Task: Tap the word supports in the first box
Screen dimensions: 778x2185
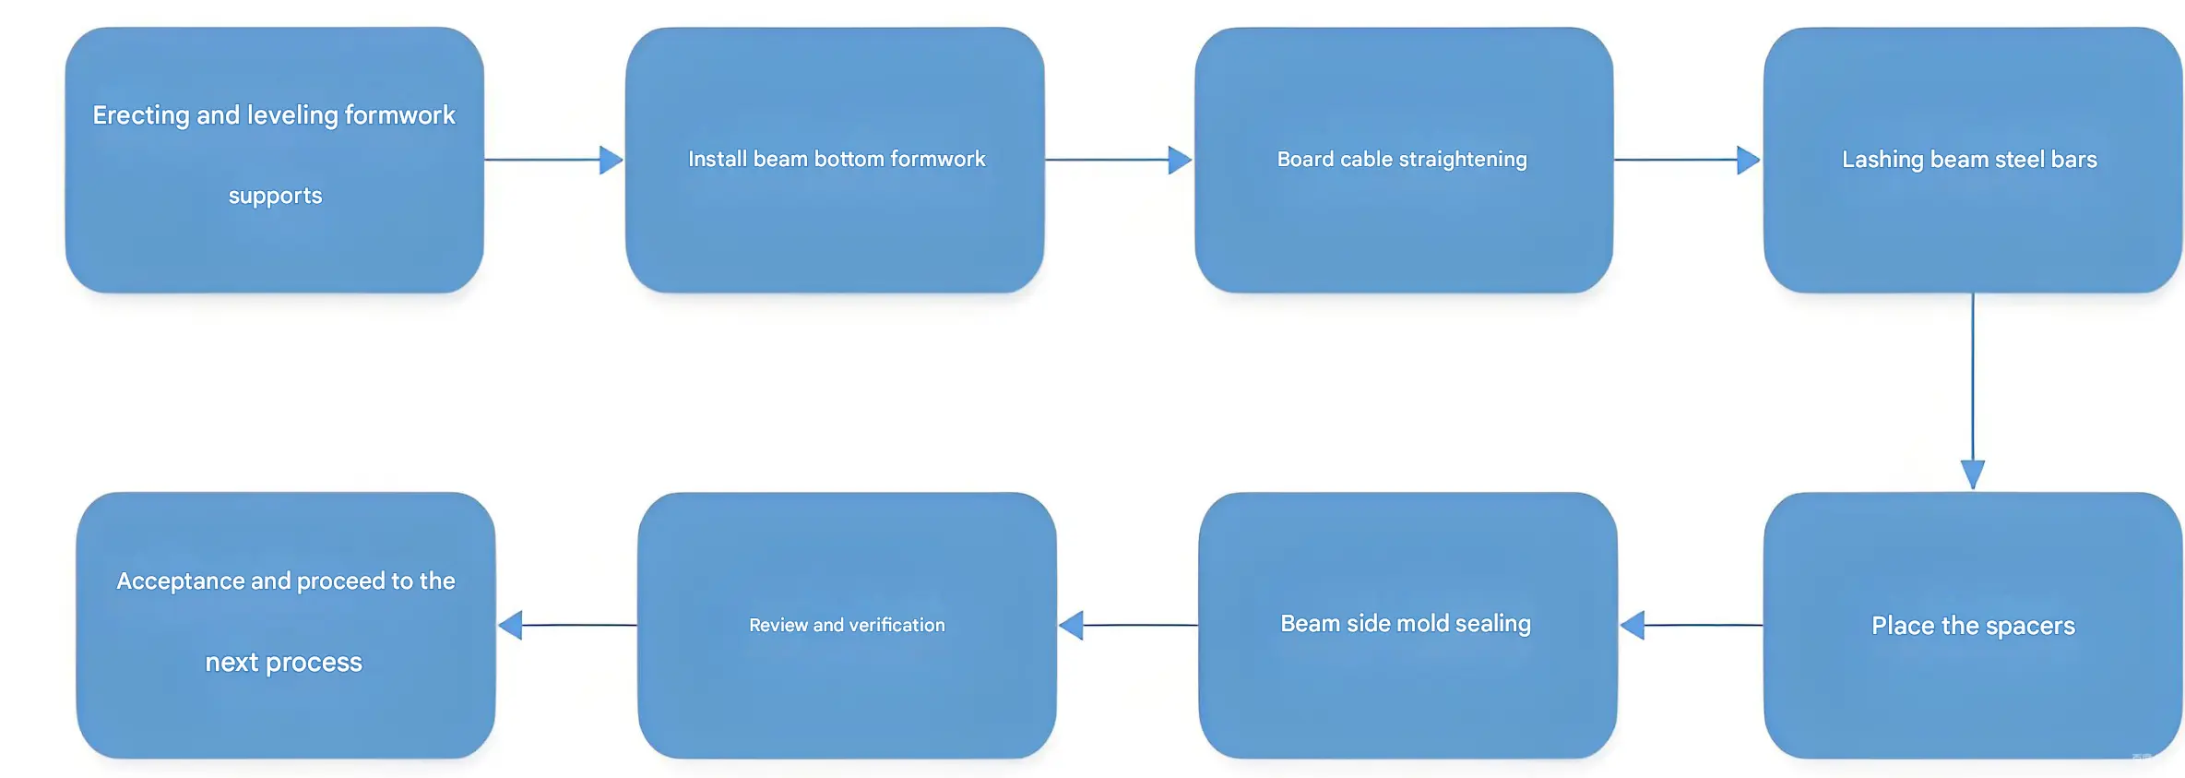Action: pos(275,196)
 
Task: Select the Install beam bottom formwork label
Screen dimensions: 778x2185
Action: pos(836,160)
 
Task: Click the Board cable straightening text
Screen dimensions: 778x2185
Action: pos(1402,160)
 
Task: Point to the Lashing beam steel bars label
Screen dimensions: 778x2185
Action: pos(1969,160)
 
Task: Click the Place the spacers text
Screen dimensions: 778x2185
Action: pos(1973,626)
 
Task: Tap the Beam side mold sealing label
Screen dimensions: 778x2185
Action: pos(1405,624)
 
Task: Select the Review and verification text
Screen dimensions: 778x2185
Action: pos(847,626)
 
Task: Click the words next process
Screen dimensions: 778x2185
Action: pos(283,663)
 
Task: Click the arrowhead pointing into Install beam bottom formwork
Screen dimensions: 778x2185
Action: pos(611,160)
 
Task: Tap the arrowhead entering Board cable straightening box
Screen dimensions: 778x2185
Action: pos(1180,160)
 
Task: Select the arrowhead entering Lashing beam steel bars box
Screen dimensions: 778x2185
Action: pos(1748,160)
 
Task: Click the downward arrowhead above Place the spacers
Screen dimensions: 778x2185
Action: pos(1972,474)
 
